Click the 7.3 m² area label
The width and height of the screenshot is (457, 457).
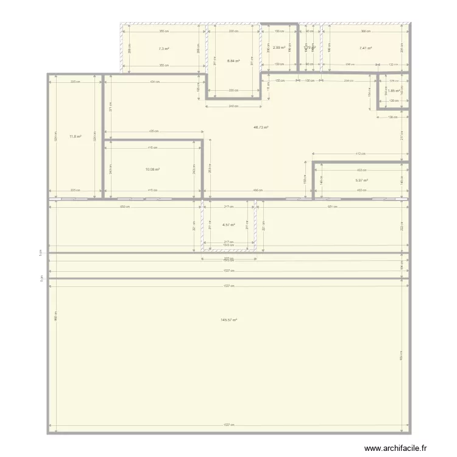(163, 48)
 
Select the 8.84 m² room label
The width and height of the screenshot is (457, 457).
(233, 61)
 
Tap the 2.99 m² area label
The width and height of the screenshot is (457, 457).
(279, 48)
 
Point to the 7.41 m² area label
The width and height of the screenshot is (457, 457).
(365, 48)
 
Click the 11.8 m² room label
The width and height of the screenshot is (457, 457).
(76, 136)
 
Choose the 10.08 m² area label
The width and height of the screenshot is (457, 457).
(152, 169)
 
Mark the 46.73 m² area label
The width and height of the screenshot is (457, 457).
(261, 127)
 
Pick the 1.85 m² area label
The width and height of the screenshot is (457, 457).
(393, 91)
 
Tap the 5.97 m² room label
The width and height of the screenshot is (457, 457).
(362, 180)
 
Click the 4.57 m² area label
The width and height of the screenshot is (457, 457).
(228, 225)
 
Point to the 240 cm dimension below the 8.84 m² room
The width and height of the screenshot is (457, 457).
(234, 107)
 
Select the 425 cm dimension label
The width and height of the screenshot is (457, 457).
(152, 131)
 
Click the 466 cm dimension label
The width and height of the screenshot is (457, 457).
(258, 190)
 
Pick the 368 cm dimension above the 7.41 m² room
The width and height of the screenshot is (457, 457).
(364, 31)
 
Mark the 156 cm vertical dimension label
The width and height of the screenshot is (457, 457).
(370, 93)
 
